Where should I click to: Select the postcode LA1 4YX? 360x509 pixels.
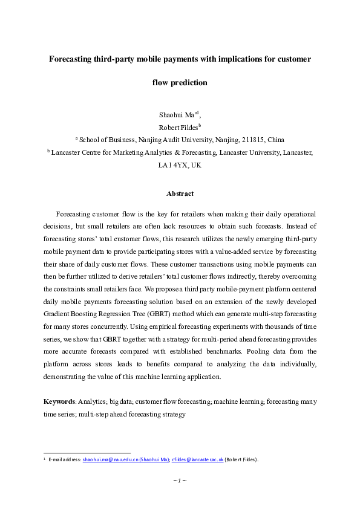point(171,164)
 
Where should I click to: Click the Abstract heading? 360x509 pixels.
point(180,193)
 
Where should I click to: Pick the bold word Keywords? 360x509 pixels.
point(59,401)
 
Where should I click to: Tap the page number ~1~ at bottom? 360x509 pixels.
point(180,480)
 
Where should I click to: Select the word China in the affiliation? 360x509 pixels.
point(276,138)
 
